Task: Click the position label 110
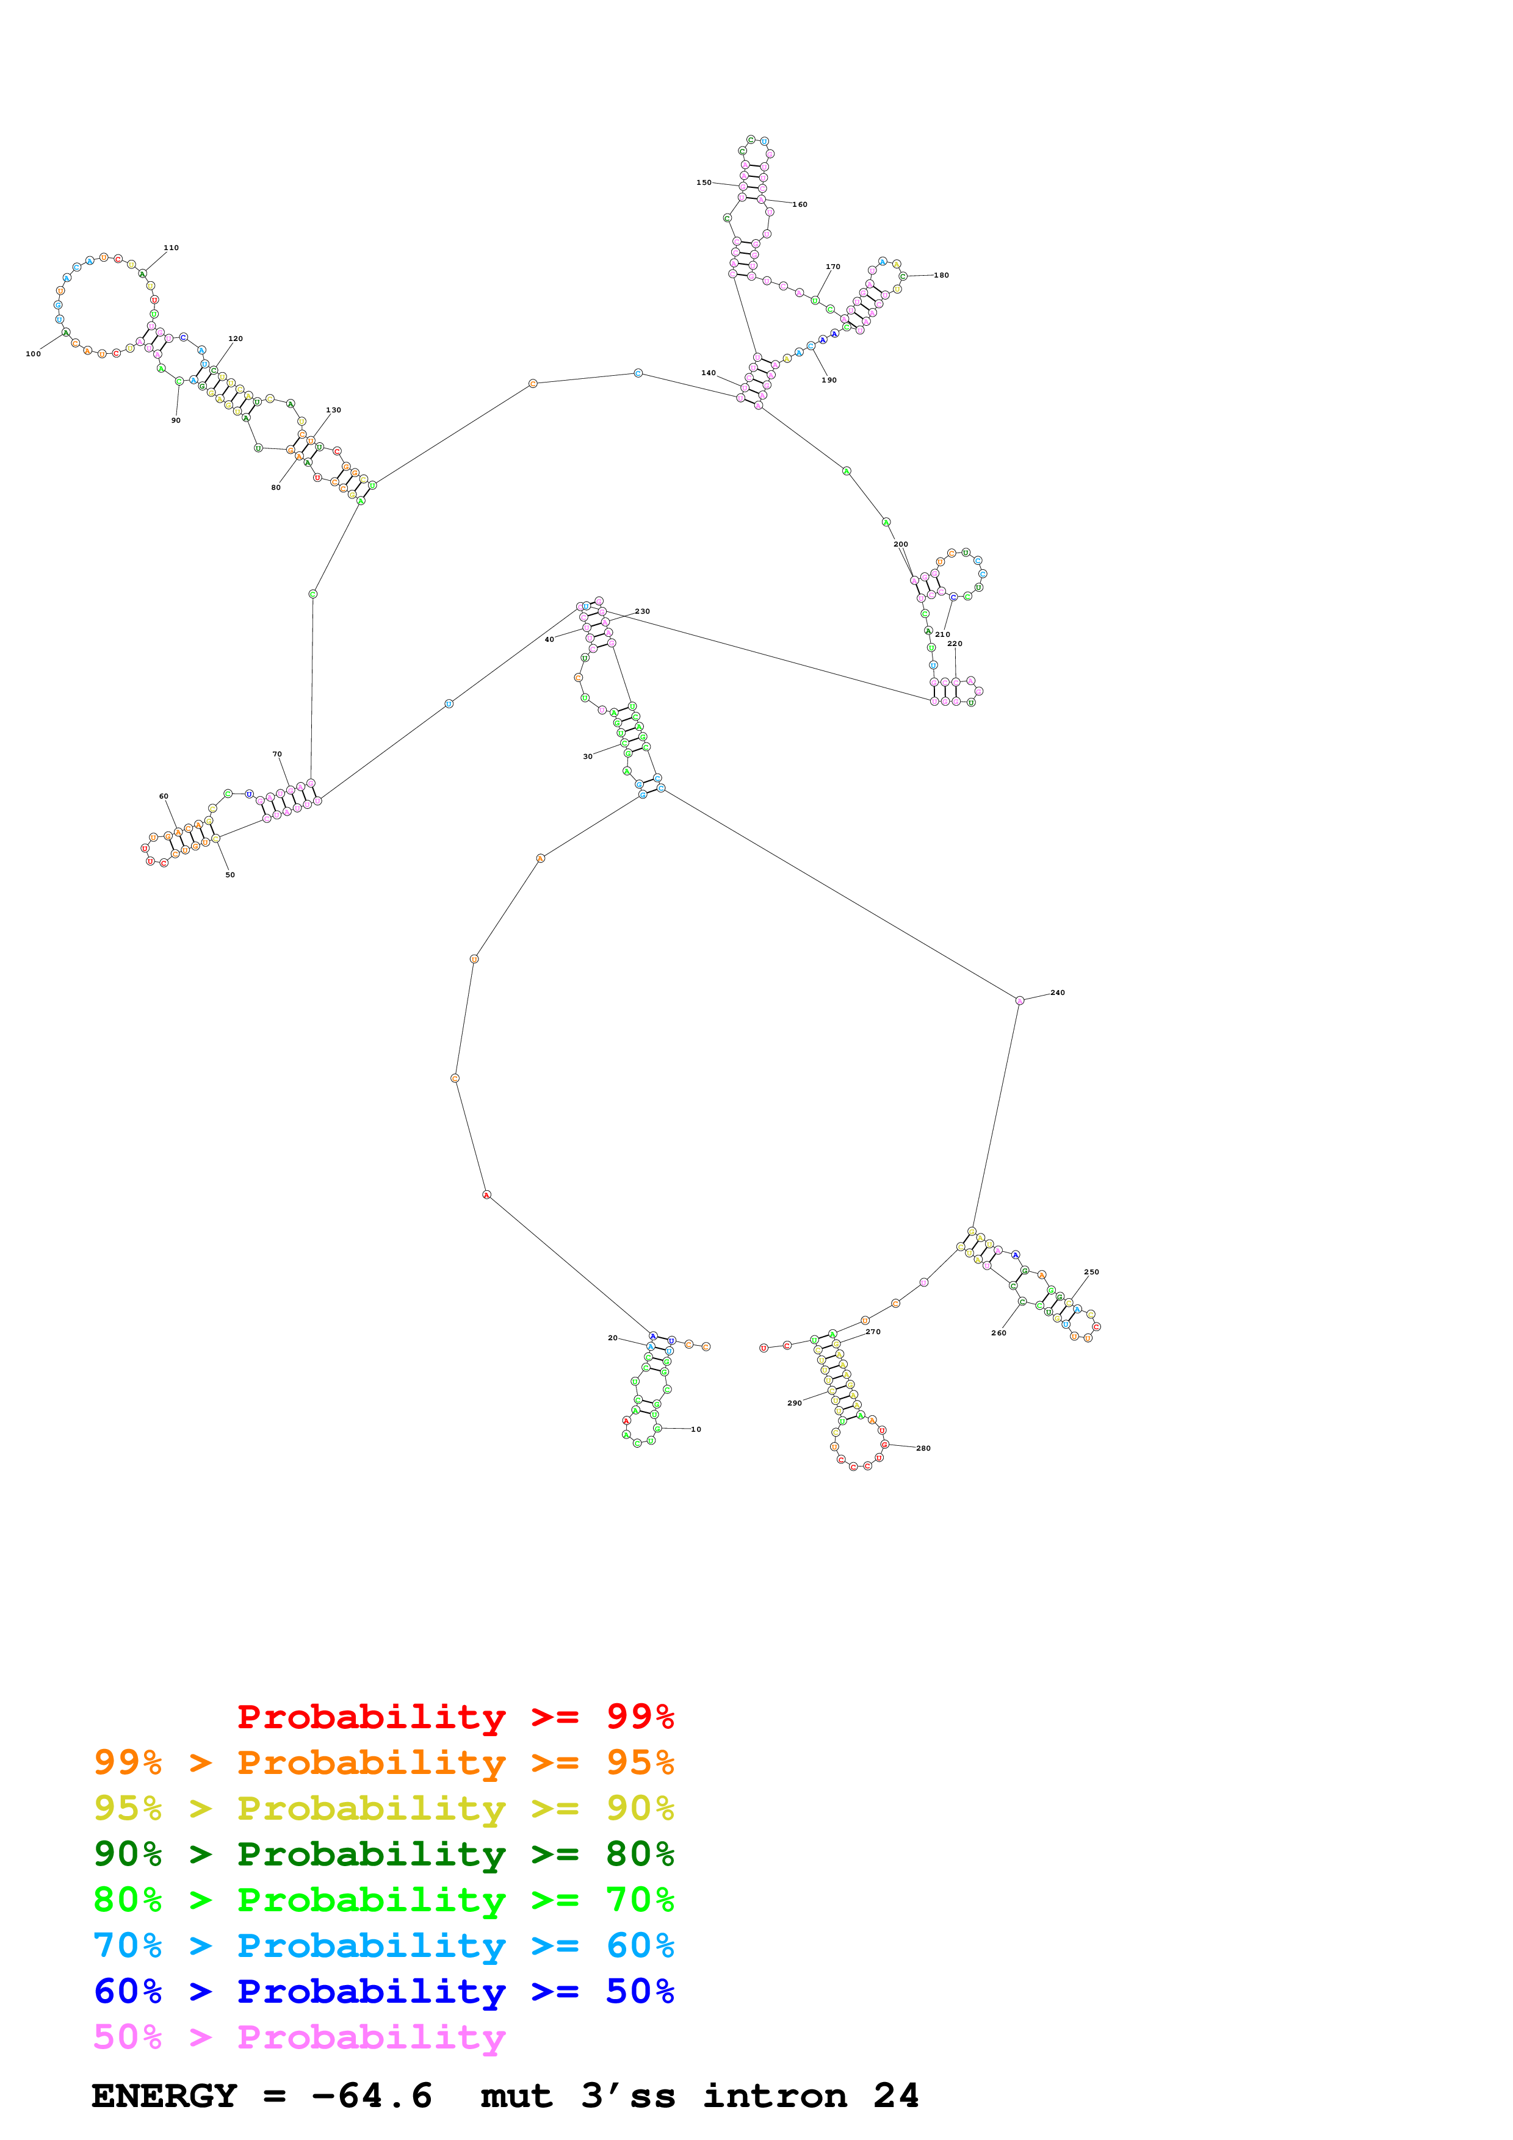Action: coord(171,248)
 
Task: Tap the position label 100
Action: coord(34,354)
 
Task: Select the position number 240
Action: coord(1057,993)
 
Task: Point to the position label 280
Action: coord(923,1448)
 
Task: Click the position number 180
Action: coord(942,276)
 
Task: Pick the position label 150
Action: coord(704,182)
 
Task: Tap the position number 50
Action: coord(230,875)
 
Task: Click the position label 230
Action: coord(642,611)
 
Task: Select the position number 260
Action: coord(998,1333)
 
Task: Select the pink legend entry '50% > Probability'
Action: coord(299,2038)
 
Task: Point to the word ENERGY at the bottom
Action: coord(164,2096)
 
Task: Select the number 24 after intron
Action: coord(896,2096)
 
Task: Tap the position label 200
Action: coord(900,544)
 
